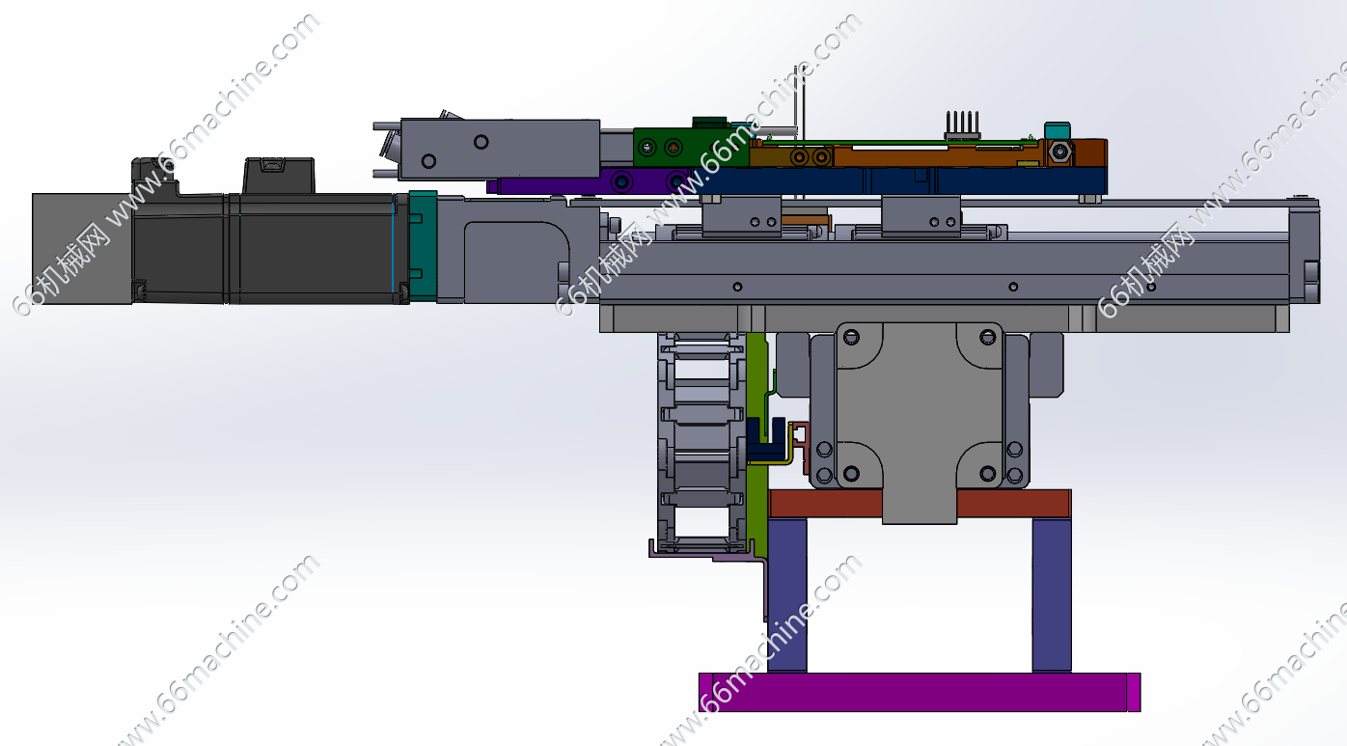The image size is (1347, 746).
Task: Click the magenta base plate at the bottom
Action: [x=920, y=692]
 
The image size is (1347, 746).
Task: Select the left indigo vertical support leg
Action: [x=787, y=595]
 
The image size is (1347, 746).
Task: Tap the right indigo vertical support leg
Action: [x=1052, y=595]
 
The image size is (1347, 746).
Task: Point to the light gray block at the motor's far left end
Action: [x=82, y=248]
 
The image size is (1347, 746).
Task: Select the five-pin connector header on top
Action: [x=963, y=125]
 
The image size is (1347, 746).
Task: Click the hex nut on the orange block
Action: [x=1058, y=152]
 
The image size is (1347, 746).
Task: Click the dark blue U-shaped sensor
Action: [x=765, y=440]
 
